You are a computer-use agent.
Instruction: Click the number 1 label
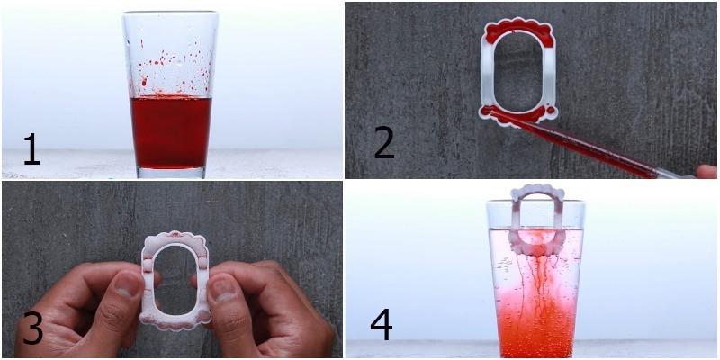31,149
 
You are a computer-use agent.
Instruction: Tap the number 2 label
384,143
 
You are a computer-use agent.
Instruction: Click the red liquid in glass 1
171,131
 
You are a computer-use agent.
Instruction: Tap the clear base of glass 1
171,173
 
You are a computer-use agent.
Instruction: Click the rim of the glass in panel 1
170,13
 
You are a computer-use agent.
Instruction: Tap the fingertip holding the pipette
706,171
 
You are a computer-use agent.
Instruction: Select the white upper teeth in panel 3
175,242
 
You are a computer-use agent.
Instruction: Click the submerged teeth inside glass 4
537,242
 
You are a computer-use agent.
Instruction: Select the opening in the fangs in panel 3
175,280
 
